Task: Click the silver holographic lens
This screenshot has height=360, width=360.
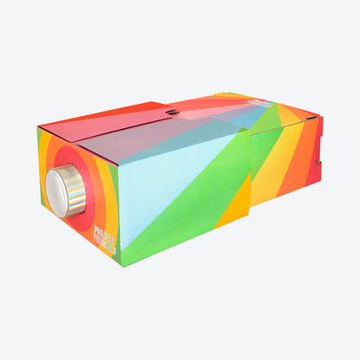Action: coord(67,191)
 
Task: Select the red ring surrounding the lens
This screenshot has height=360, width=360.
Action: coord(83,216)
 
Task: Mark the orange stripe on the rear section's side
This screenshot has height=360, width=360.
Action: coord(299,169)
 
